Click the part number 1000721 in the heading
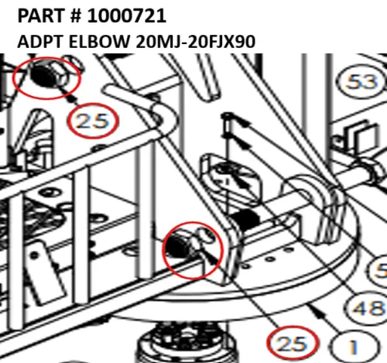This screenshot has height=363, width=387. (x=127, y=15)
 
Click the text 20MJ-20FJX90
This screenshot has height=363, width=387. (x=195, y=42)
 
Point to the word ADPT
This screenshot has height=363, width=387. (x=40, y=42)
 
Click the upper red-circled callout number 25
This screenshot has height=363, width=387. (x=93, y=121)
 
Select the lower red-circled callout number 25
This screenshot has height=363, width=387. (x=293, y=344)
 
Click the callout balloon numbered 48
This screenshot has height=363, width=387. (x=367, y=308)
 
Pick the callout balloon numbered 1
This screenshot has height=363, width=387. (x=354, y=347)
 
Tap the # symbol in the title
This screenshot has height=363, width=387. (x=74, y=16)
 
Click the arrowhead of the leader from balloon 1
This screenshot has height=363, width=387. (x=318, y=312)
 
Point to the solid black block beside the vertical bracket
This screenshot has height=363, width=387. (x=245, y=220)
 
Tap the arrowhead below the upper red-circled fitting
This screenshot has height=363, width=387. (x=73, y=98)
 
